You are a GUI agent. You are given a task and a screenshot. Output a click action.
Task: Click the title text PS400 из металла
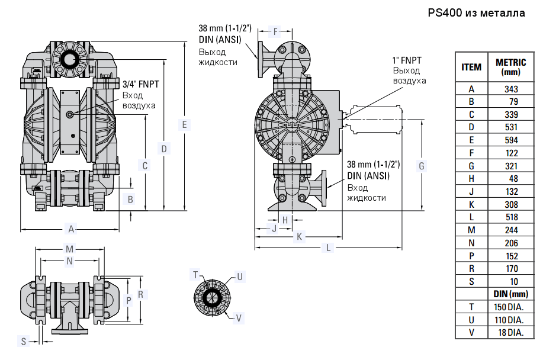click(x=476, y=12)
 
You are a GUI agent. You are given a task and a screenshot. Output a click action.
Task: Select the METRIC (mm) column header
click(x=510, y=67)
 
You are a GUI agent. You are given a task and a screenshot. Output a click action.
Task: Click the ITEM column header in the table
click(x=471, y=67)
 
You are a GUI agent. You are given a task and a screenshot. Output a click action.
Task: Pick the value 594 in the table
click(x=510, y=140)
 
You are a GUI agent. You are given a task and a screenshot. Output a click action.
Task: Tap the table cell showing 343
click(x=510, y=89)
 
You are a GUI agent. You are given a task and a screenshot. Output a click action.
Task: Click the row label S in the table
click(x=471, y=281)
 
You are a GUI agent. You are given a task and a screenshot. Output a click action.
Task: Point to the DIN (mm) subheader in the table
click(x=510, y=294)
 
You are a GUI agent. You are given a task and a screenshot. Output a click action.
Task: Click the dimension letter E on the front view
click(x=185, y=125)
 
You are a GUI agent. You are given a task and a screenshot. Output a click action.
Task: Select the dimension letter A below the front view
click(x=71, y=229)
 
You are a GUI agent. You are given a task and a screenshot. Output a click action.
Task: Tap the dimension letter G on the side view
click(x=422, y=166)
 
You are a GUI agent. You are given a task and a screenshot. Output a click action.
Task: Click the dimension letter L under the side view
click(x=329, y=247)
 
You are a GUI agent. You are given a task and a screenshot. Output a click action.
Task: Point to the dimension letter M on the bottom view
click(x=70, y=249)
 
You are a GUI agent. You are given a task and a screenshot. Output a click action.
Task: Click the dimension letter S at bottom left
click(x=24, y=341)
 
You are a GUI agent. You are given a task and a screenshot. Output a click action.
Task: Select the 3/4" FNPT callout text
click(x=140, y=83)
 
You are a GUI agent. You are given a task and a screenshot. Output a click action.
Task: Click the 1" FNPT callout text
click(x=407, y=60)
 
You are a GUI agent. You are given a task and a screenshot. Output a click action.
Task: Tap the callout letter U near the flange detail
click(x=239, y=277)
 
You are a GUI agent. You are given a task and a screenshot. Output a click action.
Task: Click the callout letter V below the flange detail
click(x=239, y=318)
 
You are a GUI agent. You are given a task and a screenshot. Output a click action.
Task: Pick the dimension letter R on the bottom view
click(x=140, y=294)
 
